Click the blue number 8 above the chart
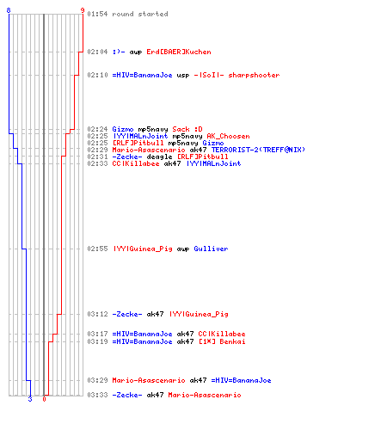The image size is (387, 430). pyautogui.click(x=9, y=10)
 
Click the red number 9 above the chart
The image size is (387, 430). pyautogui.click(x=83, y=10)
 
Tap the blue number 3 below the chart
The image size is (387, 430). pyautogui.click(x=30, y=399)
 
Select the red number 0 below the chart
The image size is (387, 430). pyautogui.click(x=44, y=399)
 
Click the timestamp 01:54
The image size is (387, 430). pyautogui.click(x=97, y=14)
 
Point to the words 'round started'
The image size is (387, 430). pyautogui.click(x=140, y=14)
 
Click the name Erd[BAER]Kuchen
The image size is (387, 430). pyautogui.click(x=179, y=52)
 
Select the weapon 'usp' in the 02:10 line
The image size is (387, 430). pyautogui.click(x=183, y=75)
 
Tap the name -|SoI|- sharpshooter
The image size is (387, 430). pyautogui.click(x=236, y=75)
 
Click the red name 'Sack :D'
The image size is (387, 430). pyautogui.click(x=187, y=129)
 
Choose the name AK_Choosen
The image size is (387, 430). pyautogui.click(x=228, y=136)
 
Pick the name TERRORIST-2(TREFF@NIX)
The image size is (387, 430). pyautogui.click(x=258, y=150)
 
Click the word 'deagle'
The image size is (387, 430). pyautogui.click(x=159, y=157)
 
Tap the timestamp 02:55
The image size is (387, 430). pyautogui.click(x=97, y=249)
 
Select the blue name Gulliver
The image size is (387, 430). pyautogui.click(x=211, y=249)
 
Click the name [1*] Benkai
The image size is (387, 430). pyautogui.click(x=222, y=341)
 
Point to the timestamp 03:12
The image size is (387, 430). pyautogui.click(x=97, y=314)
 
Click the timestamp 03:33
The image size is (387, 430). pyautogui.click(x=97, y=395)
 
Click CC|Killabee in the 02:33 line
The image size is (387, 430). pyautogui.click(x=136, y=163)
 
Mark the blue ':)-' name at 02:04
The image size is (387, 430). pyautogui.click(x=119, y=52)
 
